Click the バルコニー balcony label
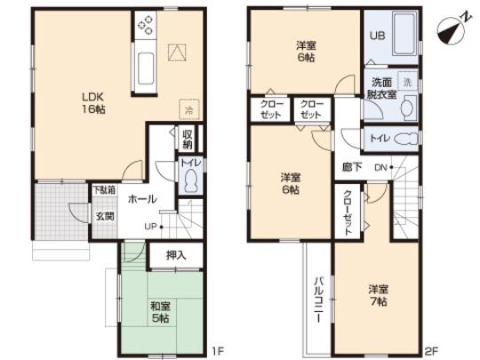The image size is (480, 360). (x=316, y=301)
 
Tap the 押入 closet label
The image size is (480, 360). (x=176, y=255)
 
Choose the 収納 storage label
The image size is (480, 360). (x=188, y=140)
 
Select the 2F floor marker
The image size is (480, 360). (x=432, y=349)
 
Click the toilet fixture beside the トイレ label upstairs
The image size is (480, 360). (x=405, y=140)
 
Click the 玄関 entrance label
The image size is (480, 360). (x=105, y=215)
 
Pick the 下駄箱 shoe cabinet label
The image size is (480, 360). (x=104, y=189)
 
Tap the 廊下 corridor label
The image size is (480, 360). (x=349, y=165)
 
